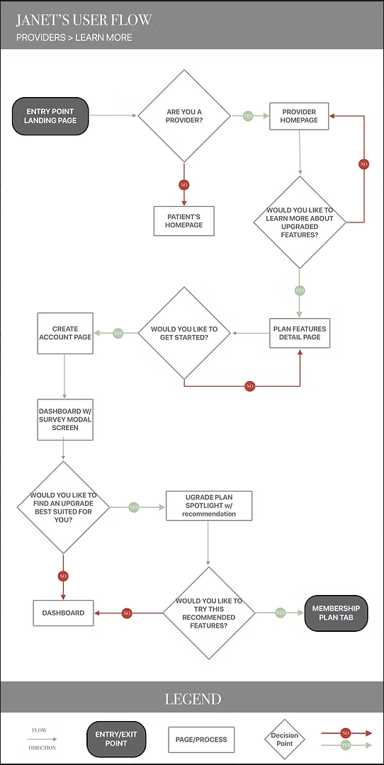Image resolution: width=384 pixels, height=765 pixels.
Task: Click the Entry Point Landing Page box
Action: click(50, 115)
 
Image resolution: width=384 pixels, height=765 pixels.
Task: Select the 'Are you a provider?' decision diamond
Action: click(183, 115)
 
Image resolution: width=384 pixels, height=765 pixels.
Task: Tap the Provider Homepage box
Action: click(299, 116)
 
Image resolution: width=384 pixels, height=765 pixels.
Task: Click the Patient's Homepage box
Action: click(183, 221)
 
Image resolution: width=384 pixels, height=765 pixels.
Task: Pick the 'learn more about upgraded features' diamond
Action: click(299, 222)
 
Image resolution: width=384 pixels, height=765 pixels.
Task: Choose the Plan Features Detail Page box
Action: click(299, 333)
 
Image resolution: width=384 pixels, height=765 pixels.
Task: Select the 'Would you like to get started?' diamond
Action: click(183, 333)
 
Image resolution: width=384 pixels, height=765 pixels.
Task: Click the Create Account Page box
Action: click(64, 333)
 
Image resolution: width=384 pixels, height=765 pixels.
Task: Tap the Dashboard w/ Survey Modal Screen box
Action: click(64, 419)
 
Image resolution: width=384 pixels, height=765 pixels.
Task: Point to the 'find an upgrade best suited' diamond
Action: click(63, 507)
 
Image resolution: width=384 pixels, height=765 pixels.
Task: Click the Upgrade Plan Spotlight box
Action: click(208, 506)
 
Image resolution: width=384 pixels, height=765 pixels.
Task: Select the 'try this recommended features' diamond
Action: click(208, 613)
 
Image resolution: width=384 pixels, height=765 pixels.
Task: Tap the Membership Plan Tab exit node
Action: click(336, 613)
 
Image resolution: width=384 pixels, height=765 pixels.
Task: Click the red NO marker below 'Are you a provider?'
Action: click(183, 185)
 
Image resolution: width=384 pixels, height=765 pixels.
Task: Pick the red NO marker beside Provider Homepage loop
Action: click(363, 164)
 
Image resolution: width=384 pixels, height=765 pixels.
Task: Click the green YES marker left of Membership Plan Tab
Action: click(280, 613)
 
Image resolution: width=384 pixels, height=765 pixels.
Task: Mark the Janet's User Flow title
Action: click(84, 20)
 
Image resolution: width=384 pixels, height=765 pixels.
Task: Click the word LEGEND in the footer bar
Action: click(193, 699)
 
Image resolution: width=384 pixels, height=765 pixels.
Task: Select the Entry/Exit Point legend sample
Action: click(116, 739)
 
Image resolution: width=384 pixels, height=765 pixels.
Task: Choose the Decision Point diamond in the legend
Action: click(285, 739)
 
